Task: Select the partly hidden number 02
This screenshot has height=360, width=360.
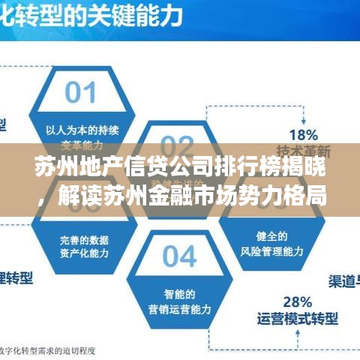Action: (178, 146)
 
